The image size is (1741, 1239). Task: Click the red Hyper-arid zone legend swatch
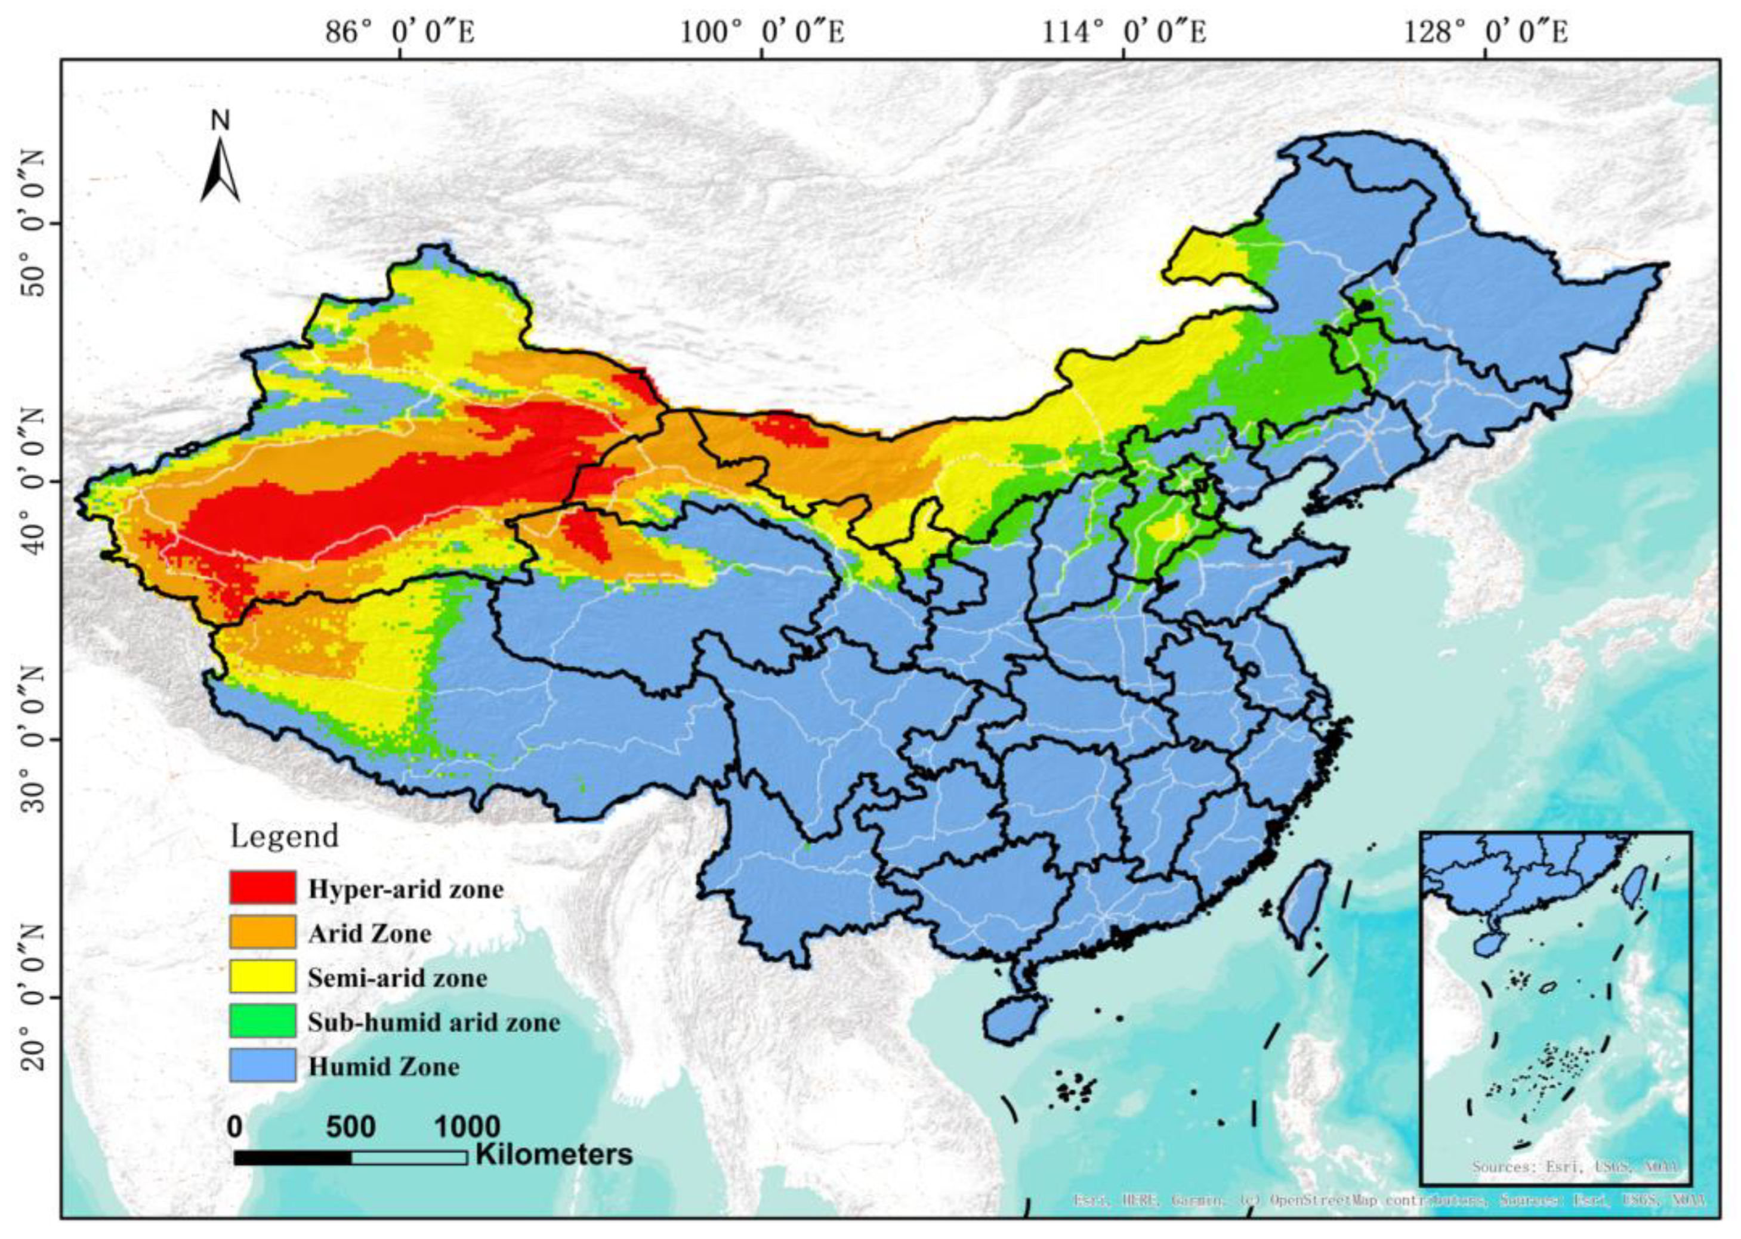262,887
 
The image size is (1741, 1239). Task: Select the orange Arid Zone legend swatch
262,931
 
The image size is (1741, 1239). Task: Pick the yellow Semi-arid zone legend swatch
262,976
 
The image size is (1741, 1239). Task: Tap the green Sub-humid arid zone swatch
262,1020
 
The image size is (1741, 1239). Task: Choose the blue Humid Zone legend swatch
262,1064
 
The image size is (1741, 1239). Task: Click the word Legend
284,836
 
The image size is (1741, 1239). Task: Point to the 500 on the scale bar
351,1127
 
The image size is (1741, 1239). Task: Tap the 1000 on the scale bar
467,1127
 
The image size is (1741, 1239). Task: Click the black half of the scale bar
292,1157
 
